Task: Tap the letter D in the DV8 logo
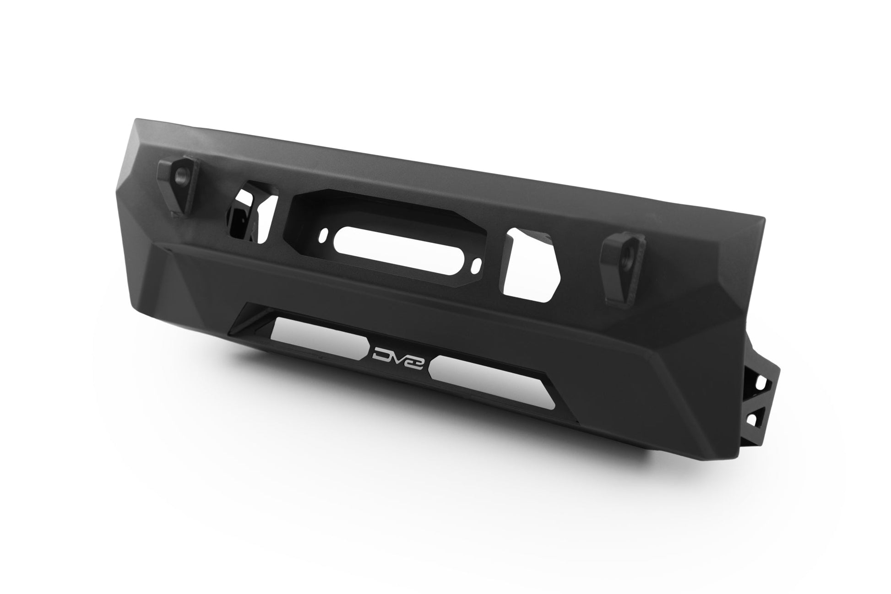(379, 352)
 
